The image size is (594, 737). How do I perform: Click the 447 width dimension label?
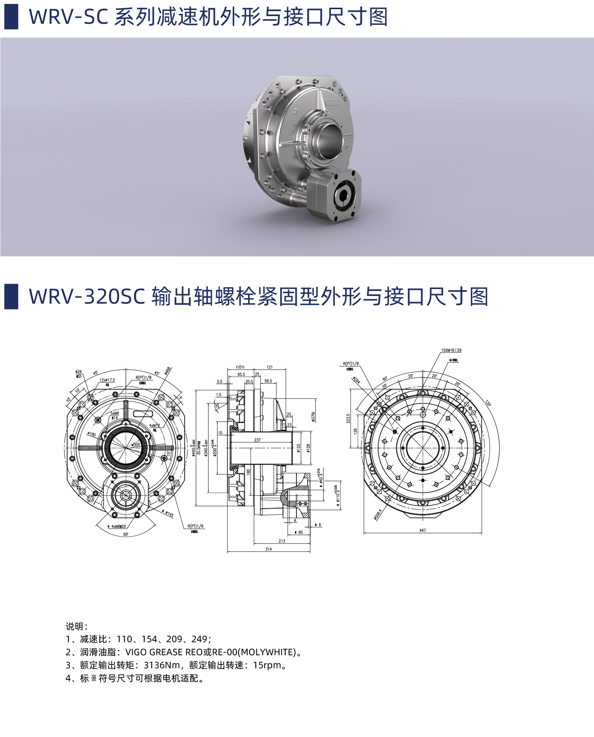pyautogui.click(x=422, y=530)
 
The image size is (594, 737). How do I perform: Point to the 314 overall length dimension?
pyautogui.click(x=268, y=549)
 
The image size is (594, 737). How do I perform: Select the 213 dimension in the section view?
pyautogui.click(x=282, y=541)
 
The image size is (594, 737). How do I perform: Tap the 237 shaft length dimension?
pyautogui.click(x=257, y=440)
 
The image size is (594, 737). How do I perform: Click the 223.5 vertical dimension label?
pyautogui.click(x=348, y=418)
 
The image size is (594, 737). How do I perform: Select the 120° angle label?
pyautogui.click(x=488, y=403)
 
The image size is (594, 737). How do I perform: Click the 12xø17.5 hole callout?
pyautogui.click(x=107, y=380)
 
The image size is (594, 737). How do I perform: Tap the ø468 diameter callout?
pyautogui.click(x=167, y=370)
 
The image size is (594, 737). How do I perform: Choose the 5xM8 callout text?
pyautogui.click(x=115, y=413)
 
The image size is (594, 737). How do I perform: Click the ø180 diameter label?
pyautogui.click(x=92, y=434)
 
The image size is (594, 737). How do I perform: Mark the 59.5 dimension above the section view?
pyautogui.click(x=268, y=381)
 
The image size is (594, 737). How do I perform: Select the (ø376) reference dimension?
pyautogui.click(x=313, y=416)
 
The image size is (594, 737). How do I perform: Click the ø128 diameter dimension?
pyautogui.click(x=308, y=448)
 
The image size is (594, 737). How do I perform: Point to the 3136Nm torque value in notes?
pyautogui.click(x=162, y=665)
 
